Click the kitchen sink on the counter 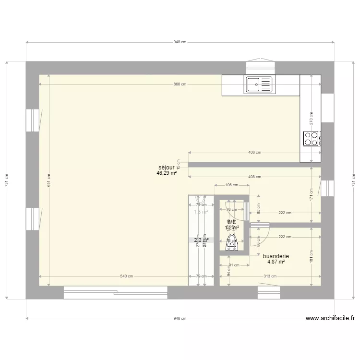(259, 84)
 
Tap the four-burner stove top (311, 138)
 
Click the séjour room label (167, 168)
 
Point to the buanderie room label (276, 256)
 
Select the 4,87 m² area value (276, 262)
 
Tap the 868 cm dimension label (180, 84)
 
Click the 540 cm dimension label (126, 276)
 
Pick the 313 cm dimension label (270, 276)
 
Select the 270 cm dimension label (311, 119)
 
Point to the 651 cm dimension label (48, 180)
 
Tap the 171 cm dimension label (311, 194)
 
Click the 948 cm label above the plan (180, 42)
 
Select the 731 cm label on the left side (7, 180)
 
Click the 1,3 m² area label (201, 211)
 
